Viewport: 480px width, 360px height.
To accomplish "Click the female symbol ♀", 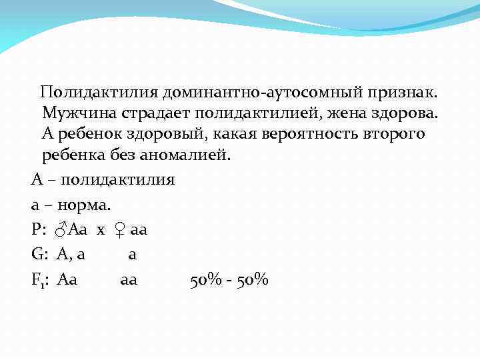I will point(119,231).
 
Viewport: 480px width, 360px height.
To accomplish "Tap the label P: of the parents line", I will point(38,230).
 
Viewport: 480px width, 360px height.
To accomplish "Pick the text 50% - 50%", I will point(229,280).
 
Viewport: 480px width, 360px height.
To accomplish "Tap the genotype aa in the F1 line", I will point(129,281).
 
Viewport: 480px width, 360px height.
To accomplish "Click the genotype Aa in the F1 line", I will point(68,280).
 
